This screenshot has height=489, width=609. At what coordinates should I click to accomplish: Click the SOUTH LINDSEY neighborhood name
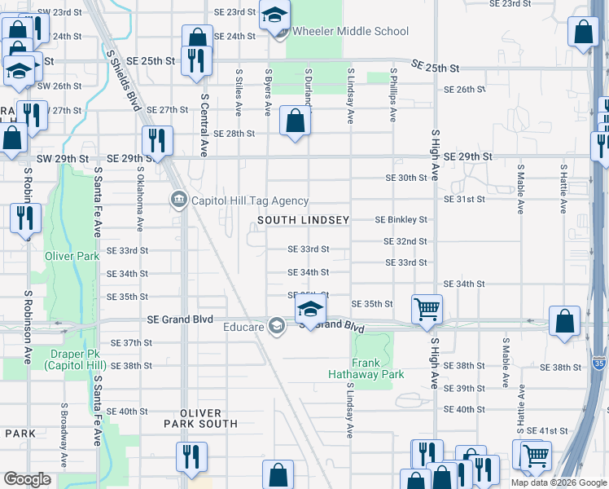click(304, 220)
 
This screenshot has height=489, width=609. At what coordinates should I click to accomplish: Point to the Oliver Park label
click(72, 256)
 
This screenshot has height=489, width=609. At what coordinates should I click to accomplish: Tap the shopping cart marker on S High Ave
click(427, 309)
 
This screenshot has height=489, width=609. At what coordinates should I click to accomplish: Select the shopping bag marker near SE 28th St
click(295, 121)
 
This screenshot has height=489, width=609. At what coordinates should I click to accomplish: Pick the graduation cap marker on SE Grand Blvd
click(310, 310)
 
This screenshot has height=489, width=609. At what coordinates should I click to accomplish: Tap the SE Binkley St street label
click(401, 220)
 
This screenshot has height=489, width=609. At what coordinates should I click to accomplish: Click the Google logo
click(27, 478)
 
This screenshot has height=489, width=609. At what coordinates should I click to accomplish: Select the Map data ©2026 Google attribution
click(559, 482)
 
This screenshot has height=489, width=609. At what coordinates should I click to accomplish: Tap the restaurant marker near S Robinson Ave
click(26, 218)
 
